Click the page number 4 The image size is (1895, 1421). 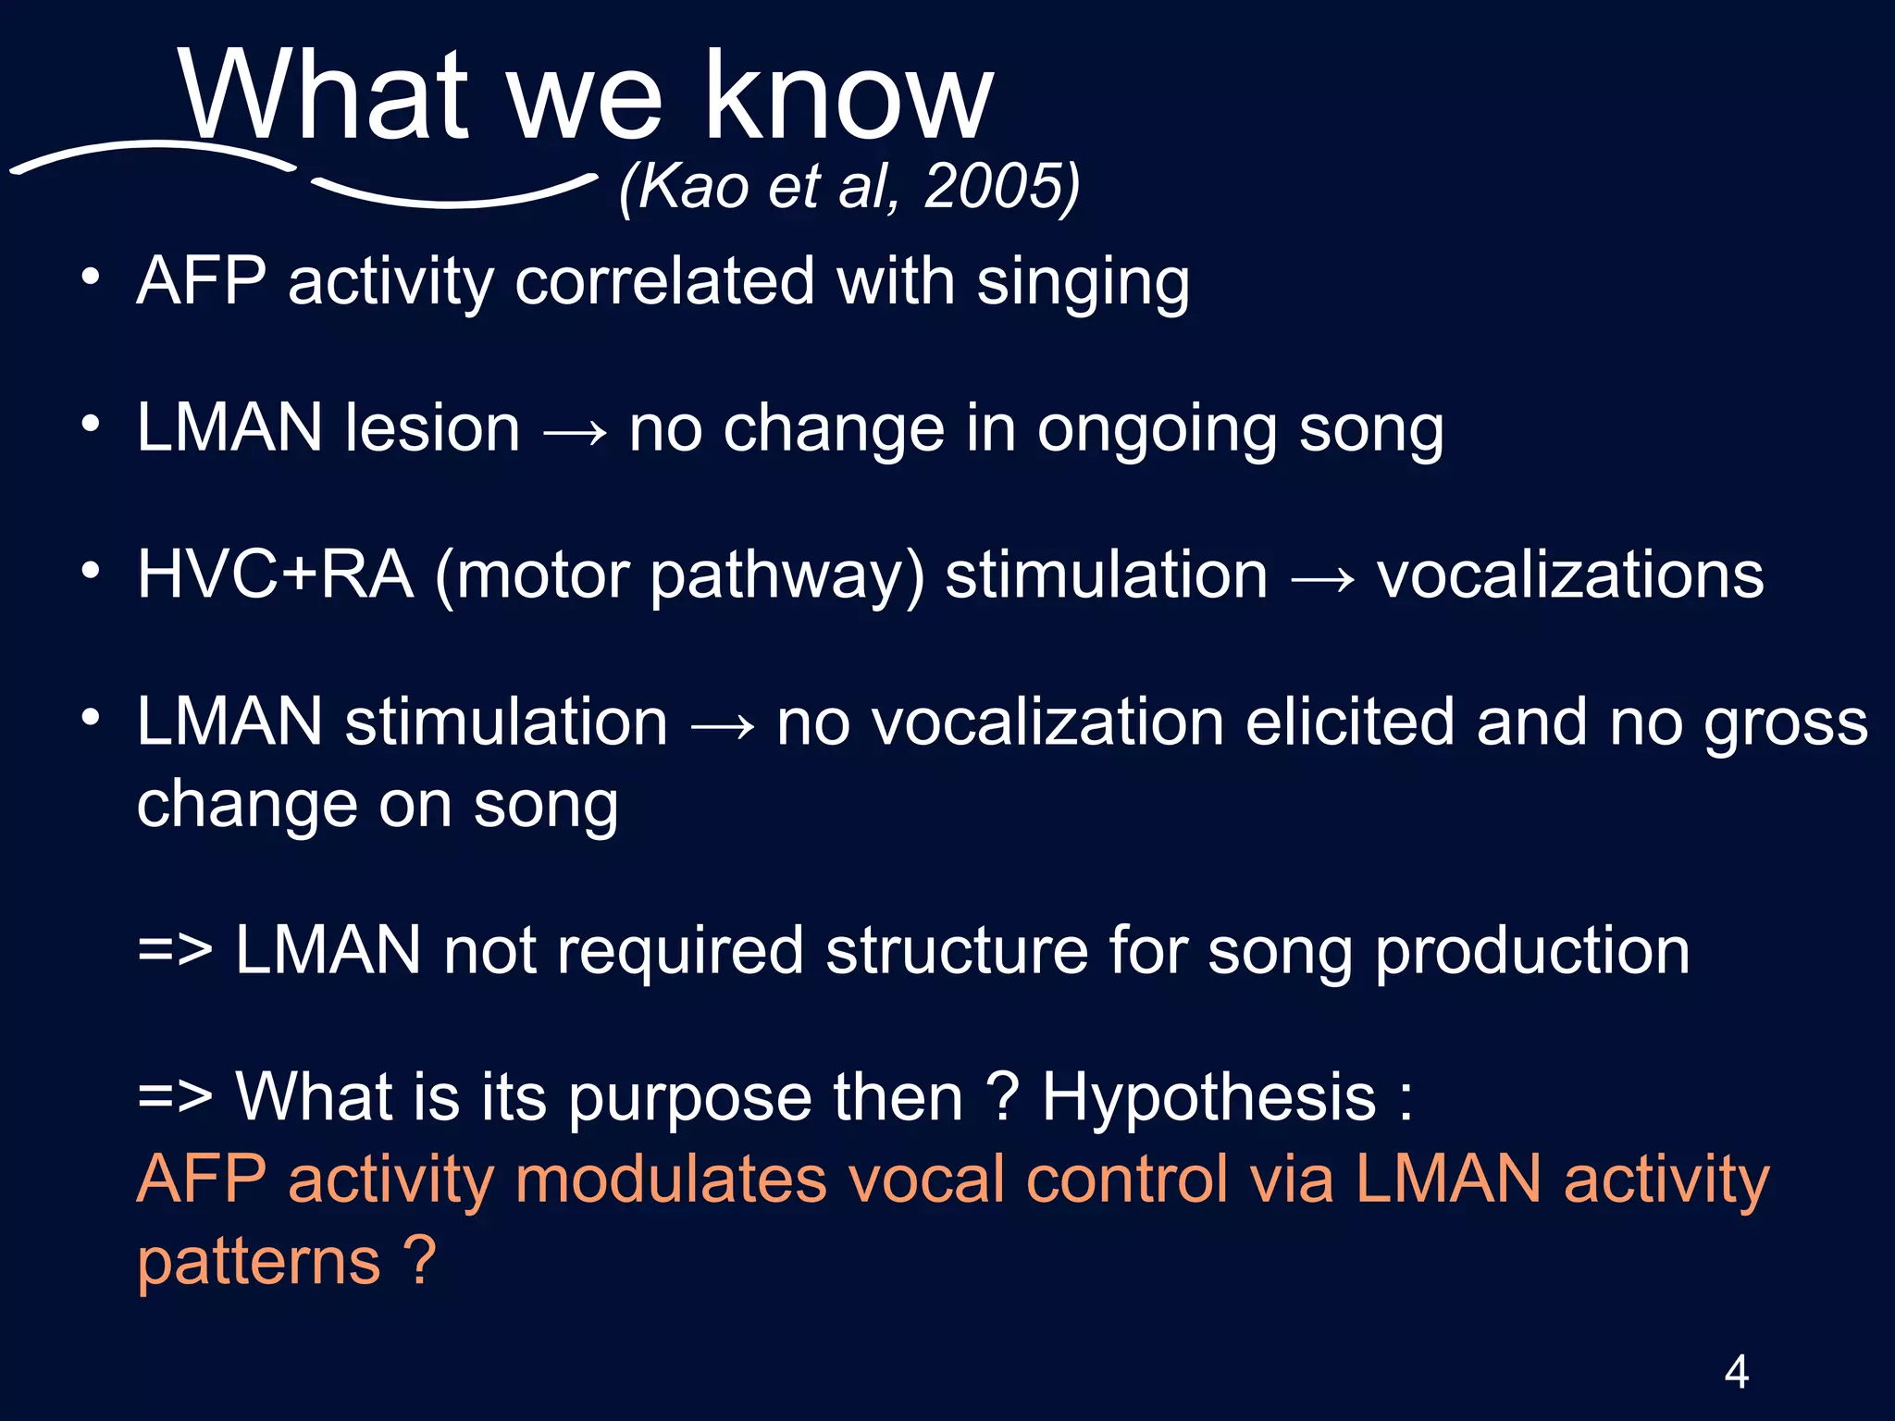[1736, 1371]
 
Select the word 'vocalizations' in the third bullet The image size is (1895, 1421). [1570, 575]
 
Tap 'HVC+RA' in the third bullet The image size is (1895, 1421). [275, 575]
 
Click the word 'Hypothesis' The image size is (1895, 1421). [1208, 1098]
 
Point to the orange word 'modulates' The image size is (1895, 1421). [670, 1180]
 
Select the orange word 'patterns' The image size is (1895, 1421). [259, 1263]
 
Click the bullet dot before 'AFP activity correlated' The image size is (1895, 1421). [90, 278]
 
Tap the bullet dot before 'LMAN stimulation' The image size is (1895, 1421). [90, 718]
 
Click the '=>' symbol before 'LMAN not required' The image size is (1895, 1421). [175, 951]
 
